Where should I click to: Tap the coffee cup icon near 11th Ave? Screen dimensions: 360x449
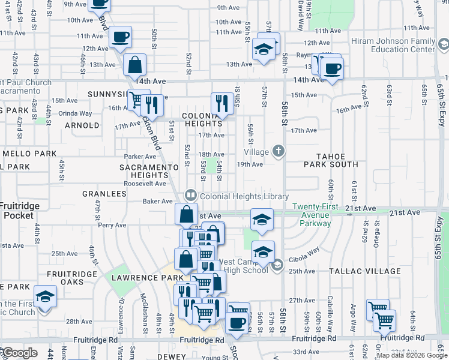[120, 38]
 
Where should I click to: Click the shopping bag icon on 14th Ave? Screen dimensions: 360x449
[136, 65]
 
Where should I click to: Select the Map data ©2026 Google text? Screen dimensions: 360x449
[411, 355]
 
